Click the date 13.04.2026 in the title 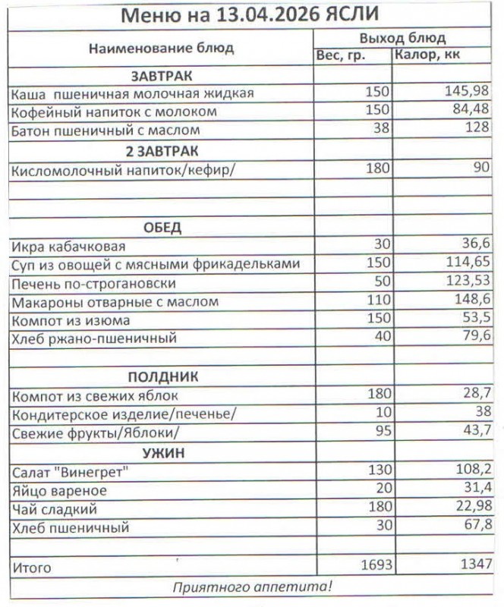pyautogui.click(x=263, y=15)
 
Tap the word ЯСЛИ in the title pyautogui.click(x=348, y=15)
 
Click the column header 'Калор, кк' pyautogui.click(x=427, y=55)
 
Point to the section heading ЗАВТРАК pyautogui.click(x=161, y=76)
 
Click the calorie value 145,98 pyautogui.click(x=465, y=93)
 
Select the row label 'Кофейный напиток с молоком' pyautogui.click(x=114, y=112)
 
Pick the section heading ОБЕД pyautogui.click(x=162, y=228)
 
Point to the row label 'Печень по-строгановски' pyautogui.click(x=94, y=283)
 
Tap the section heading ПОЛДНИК pyautogui.click(x=162, y=376)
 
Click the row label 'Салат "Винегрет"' pyautogui.click(x=70, y=472)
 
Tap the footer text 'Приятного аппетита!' pyautogui.click(x=252, y=587)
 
